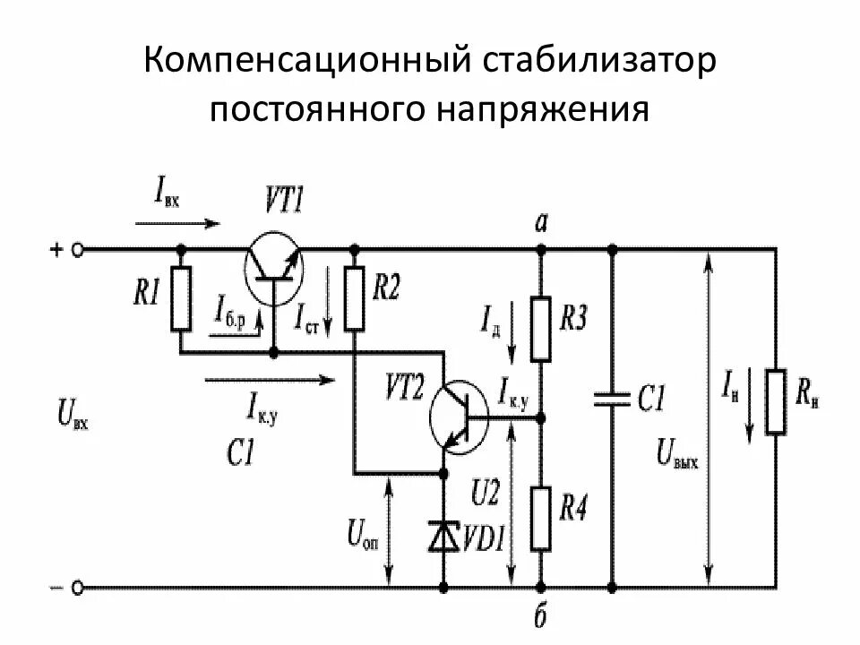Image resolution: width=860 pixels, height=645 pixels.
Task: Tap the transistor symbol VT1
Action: pos(274,260)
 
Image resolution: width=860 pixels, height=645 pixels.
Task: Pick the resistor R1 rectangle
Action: pos(182,298)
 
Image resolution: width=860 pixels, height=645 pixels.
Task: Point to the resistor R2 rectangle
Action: pos(355,298)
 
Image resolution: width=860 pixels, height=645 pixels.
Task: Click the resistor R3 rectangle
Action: pos(541,328)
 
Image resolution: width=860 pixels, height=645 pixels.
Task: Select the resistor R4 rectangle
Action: pos(541,517)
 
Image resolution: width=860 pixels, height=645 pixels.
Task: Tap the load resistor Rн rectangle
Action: pos(776,401)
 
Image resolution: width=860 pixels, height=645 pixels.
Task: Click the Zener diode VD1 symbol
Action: pos(444,536)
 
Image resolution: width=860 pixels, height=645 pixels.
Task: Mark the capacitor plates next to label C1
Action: pos(613,400)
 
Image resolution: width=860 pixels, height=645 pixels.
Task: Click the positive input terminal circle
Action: pos(78,250)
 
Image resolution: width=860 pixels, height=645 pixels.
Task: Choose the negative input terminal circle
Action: pos(78,588)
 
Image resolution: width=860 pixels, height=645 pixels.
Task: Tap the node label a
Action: pos(540,224)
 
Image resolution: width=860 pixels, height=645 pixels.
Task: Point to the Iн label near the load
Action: pos(734,389)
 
